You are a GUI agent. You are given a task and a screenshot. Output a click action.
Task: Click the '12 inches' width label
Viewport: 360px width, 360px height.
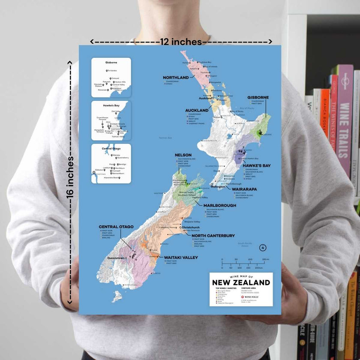181,42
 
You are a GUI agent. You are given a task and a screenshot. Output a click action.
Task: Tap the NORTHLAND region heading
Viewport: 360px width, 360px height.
176,78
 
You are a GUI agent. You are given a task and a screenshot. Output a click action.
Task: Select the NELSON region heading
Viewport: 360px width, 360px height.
183,155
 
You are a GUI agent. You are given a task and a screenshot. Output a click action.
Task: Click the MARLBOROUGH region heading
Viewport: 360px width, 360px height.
220,205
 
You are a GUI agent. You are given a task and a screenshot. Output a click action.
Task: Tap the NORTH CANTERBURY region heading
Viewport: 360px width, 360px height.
213,236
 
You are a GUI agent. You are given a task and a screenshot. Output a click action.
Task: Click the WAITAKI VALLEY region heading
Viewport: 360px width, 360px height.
181,257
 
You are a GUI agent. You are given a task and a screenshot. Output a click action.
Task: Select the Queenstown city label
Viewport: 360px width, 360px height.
118,258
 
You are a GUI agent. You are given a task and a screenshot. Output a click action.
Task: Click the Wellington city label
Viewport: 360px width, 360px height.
218,187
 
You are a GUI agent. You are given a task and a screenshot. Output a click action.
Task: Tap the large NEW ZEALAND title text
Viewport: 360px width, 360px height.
241,282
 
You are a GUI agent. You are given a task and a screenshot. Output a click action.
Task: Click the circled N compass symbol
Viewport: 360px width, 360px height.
262,248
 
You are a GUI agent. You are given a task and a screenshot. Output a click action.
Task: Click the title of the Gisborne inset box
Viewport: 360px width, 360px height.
111,63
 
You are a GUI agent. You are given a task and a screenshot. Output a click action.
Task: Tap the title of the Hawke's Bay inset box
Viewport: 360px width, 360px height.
111,105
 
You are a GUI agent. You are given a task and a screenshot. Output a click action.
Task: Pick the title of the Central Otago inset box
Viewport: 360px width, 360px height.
111,148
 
